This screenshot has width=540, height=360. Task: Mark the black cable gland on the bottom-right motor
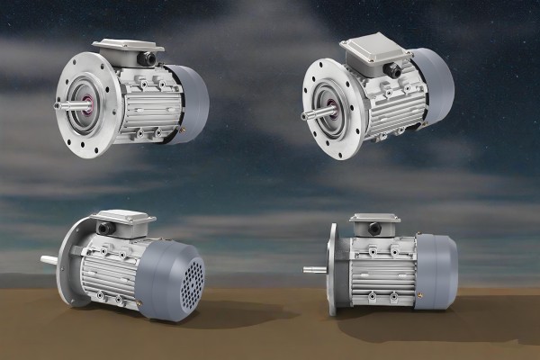point(373,230)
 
